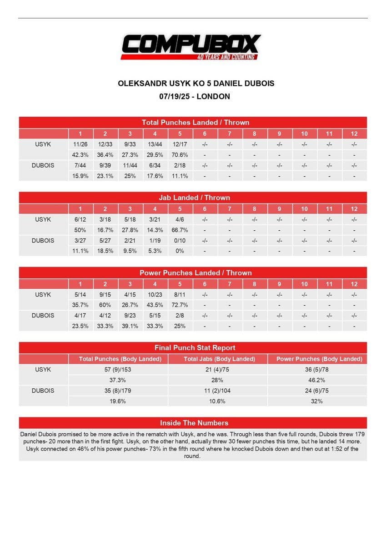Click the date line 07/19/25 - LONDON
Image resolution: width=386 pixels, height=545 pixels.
[x=195, y=96]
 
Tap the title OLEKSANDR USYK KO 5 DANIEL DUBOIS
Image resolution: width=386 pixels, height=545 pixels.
[x=196, y=84]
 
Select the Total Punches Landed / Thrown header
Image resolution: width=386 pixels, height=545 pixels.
[x=195, y=122]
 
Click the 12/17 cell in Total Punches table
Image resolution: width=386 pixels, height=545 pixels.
[x=180, y=144]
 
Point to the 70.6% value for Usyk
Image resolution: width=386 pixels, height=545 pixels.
[x=180, y=155]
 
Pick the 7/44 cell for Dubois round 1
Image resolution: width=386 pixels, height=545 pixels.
[x=80, y=165]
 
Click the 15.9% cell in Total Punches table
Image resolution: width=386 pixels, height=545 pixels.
[x=80, y=176]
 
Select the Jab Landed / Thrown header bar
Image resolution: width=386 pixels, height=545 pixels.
[x=194, y=198]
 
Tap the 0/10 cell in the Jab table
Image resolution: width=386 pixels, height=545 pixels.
[x=180, y=241]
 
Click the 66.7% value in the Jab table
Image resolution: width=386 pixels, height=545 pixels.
[x=180, y=230]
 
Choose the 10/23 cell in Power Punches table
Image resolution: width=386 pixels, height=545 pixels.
[x=155, y=295]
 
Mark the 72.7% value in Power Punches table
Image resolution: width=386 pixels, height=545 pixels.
[x=180, y=305]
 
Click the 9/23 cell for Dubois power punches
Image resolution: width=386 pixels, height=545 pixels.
[x=130, y=316]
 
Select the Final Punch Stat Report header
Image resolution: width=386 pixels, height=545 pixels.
[x=195, y=347]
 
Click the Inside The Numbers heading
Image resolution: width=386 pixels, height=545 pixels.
[x=194, y=423]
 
